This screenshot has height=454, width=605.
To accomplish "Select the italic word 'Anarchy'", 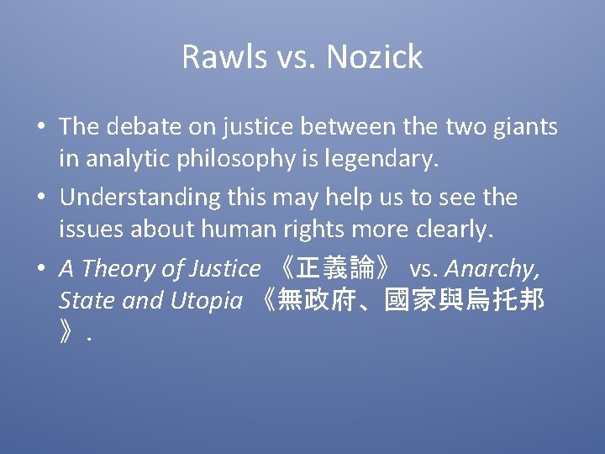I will click(492, 269).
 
